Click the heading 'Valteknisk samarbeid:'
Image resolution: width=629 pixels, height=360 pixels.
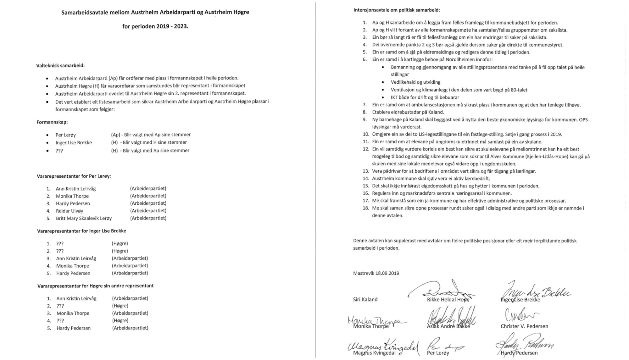[60, 66]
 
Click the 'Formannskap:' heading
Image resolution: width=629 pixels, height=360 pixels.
[52, 122]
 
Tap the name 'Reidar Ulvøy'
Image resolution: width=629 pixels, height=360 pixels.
[70, 211]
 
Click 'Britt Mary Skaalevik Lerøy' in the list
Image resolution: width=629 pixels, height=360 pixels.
[84, 218]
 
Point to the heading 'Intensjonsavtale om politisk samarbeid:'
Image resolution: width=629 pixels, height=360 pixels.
[397, 10]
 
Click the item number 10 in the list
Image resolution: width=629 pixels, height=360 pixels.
[365, 134]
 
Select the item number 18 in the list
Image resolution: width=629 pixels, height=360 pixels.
[365, 208]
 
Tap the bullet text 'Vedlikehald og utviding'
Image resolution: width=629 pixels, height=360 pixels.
[415, 82]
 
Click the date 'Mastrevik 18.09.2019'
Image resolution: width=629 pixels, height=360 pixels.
[376, 273]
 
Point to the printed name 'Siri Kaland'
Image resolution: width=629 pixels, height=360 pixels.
[365, 300]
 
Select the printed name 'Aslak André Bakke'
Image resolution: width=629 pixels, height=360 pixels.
[448, 326]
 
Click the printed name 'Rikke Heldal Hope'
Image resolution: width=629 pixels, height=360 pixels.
[448, 300]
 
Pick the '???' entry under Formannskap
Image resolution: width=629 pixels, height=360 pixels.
[59, 151]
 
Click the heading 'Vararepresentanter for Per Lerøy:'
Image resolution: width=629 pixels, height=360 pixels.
[74, 176]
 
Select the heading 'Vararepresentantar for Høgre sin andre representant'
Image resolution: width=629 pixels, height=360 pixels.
[96, 286]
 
